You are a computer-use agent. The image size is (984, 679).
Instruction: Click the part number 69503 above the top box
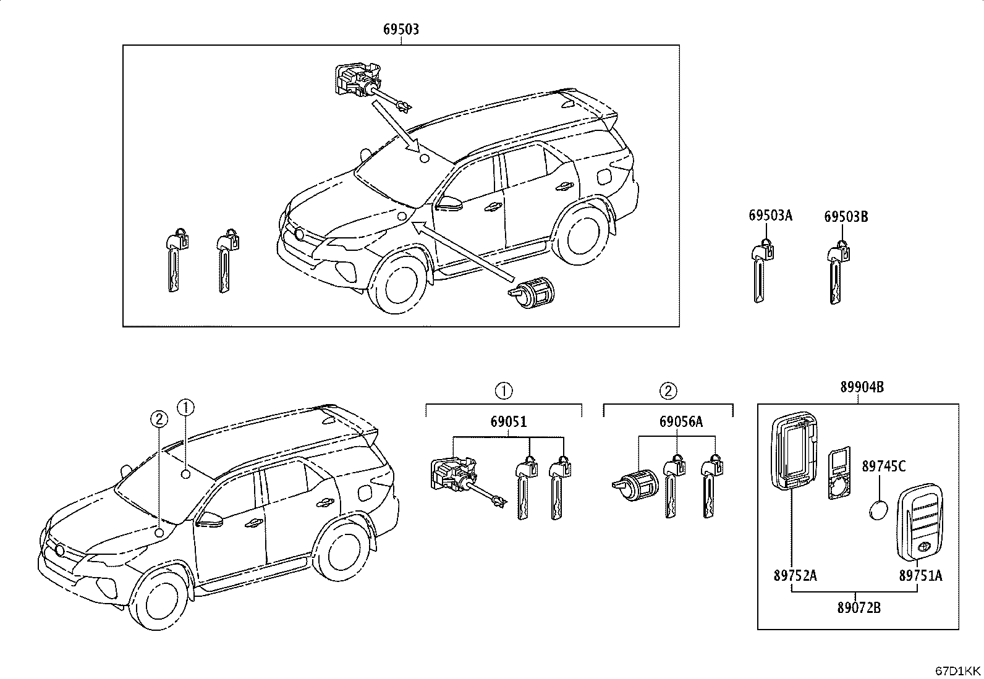(401, 30)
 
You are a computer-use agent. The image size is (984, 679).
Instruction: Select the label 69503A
(771, 215)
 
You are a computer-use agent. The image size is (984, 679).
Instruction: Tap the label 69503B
(846, 216)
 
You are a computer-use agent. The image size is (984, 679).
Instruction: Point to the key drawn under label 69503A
(761, 271)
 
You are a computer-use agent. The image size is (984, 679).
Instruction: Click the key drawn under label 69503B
(838, 272)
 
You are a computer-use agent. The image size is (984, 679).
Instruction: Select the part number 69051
(508, 421)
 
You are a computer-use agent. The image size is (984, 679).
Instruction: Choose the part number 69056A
(681, 421)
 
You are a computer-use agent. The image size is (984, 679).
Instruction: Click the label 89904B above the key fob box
(862, 387)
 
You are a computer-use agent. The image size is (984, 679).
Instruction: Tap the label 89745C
(883, 466)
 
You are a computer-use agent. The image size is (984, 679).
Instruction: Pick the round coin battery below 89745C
(878, 510)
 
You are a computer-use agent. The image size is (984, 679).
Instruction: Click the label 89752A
(795, 575)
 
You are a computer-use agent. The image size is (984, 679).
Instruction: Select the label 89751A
(921, 575)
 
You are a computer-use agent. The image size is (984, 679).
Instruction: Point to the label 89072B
(859, 608)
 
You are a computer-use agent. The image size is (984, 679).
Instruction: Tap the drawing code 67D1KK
(957, 671)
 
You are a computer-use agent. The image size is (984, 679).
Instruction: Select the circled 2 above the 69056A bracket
(668, 390)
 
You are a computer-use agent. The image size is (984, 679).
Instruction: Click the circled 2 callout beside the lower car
(159, 419)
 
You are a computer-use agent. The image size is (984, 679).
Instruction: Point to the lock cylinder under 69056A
(635, 486)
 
